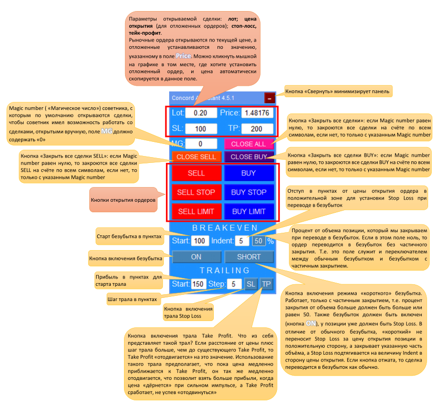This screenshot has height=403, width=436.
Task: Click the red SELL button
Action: pos(196,173)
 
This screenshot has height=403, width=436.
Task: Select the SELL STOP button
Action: pos(196,192)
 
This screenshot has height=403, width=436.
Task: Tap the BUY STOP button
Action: pos(249,192)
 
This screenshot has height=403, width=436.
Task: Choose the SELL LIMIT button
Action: pos(196,211)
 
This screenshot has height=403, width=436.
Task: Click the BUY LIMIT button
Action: pos(249,211)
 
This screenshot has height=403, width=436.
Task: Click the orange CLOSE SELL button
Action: pos(196,157)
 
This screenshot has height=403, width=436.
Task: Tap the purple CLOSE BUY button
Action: pos(249,157)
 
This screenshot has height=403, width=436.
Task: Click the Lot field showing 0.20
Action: pos(201,113)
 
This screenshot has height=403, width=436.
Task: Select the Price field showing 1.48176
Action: pos(256,113)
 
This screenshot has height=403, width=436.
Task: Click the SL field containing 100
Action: pos(201,129)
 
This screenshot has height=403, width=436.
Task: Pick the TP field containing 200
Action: pos(256,129)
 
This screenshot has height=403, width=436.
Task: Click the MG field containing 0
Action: pos(201,143)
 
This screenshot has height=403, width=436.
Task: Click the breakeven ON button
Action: pos(196,257)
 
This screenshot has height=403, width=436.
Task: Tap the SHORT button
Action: pos(249,257)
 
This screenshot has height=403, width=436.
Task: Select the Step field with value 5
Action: pos(234,284)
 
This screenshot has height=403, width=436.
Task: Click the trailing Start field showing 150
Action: pos(198,284)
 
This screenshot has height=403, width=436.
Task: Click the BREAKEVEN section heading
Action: pos(224,228)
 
